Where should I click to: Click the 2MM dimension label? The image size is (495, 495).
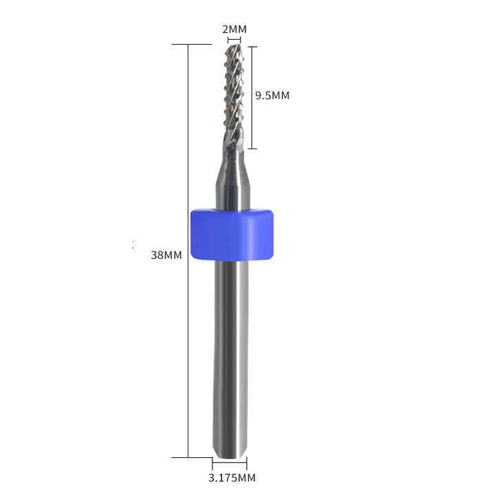(234, 30)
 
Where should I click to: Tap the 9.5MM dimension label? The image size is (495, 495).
(272, 96)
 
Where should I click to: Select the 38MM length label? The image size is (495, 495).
(166, 255)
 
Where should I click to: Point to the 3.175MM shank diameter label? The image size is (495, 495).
(232, 478)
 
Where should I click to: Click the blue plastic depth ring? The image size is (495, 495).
(232, 234)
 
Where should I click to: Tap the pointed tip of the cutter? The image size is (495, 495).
(239, 45)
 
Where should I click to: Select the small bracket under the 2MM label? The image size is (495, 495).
(234, 40)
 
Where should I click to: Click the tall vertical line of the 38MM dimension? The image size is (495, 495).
(188, 251)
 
